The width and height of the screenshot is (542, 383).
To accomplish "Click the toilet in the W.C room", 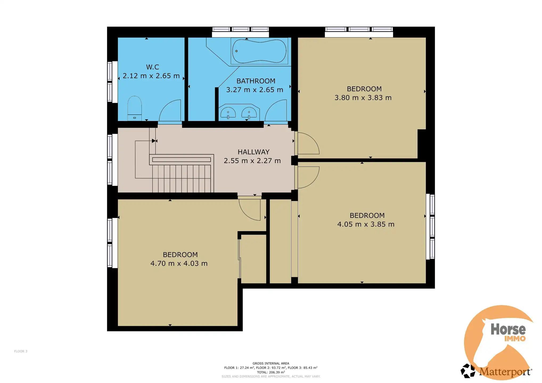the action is pos(134,108).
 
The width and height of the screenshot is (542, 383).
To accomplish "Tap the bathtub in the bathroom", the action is pos(259,51).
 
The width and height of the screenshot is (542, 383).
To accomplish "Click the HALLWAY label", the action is pos(253,152).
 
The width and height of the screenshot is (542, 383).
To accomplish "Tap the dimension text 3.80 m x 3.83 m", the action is pos(363,98).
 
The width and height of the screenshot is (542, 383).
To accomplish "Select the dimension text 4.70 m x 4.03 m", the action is pos(179,263).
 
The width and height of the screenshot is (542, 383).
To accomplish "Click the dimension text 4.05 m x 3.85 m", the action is pos(366,224).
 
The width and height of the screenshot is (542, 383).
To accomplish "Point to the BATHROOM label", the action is pos(256,81).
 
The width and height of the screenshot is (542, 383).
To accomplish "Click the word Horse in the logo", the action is pos(508,329).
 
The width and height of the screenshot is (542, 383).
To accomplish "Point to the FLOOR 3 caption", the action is pos(21,351).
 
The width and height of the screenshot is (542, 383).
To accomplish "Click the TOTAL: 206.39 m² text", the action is pos(271,372).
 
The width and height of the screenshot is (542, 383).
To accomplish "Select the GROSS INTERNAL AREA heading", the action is pos(271,363).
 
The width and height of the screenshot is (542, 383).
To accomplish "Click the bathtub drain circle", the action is pos(236,51).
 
